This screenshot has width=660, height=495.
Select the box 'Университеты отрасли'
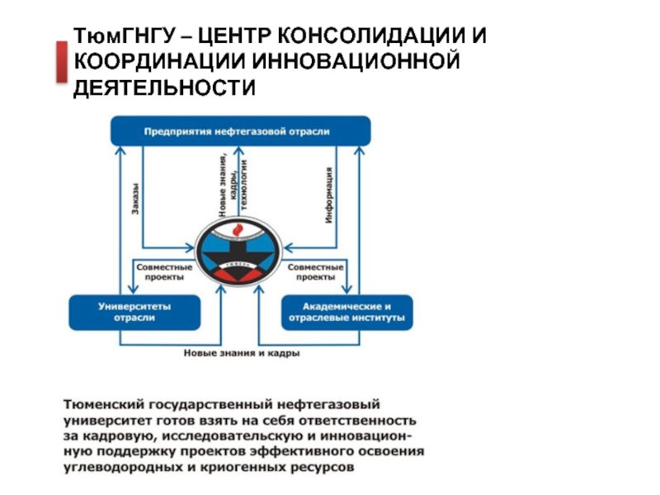point(135,312)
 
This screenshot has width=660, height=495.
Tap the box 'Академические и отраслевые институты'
point(347,312)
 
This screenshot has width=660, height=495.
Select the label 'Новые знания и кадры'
point(241,354)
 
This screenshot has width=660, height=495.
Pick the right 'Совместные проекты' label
point(315,271)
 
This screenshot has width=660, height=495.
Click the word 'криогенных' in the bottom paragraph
point(238,467)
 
